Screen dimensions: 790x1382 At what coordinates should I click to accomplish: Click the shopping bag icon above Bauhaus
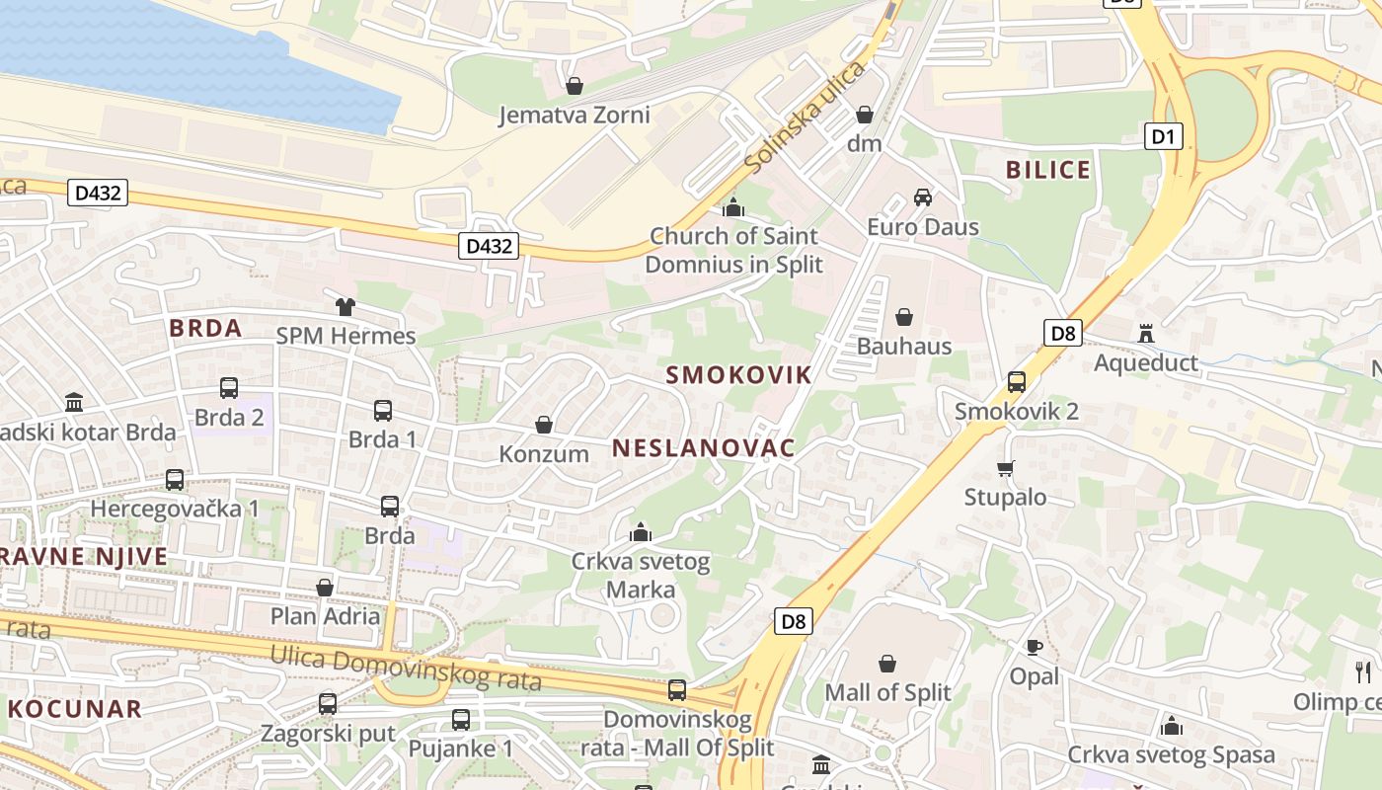click(x=903, y=317)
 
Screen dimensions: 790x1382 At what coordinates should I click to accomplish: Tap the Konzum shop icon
click(x=543, y=425)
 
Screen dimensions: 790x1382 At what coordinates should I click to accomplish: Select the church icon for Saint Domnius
click(x=732, y=207)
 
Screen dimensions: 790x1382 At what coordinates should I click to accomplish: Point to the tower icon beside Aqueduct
click(x=1146, y=333)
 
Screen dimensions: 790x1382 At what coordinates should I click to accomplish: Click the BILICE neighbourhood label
click(x=1048, y=170)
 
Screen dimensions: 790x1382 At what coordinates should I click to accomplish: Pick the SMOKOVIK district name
click(x=738, y=375)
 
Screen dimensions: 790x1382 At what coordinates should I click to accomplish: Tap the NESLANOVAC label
click(x=703, y=448)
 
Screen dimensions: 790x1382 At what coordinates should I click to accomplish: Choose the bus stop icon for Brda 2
click(x=229, y=388)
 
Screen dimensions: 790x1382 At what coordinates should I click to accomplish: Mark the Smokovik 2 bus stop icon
click(x=1017, y=382)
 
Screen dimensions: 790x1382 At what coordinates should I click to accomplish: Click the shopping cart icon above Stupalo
click(x=1005, y=468)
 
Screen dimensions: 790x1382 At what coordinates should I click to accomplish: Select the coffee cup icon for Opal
click(x=1034, y=648)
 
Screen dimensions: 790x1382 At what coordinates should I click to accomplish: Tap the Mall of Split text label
click(x=887, y=692)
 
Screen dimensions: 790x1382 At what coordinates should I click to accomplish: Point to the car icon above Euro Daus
click(x=923, y=197)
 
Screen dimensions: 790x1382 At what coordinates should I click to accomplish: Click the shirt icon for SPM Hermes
click(x=345, y=307)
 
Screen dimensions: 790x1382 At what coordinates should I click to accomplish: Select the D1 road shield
click(x=1164, y=136)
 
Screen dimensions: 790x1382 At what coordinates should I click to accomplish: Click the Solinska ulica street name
click(x=805, y=117)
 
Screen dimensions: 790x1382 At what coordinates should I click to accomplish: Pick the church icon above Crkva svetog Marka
click(x=641, y=533)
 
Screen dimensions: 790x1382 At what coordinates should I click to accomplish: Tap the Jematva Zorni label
click(x=574, y=116)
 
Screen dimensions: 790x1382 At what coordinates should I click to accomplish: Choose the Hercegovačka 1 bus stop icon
click(x=175, y=480)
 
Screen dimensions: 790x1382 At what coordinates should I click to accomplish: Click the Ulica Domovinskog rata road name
click(x=406, y=668)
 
